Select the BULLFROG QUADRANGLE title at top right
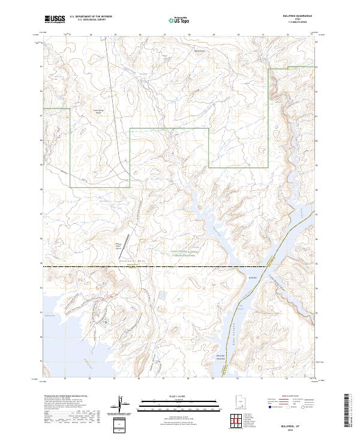(x=300, y=16)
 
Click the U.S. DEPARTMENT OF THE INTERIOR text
(x=90, y=17)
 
